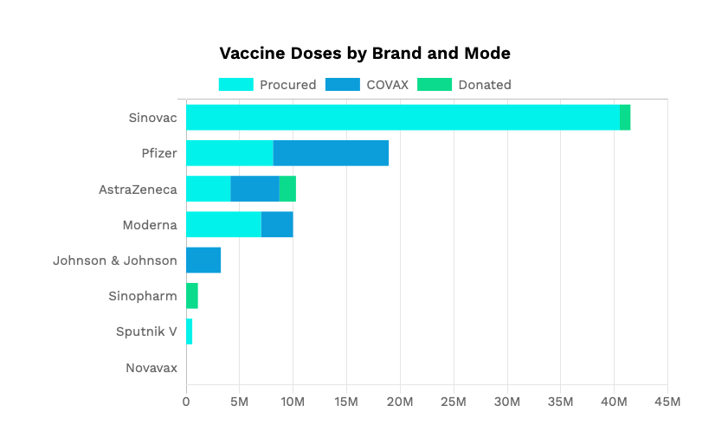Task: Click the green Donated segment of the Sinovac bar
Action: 625,118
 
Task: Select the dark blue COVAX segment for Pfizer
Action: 331,153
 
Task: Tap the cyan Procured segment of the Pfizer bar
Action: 229,153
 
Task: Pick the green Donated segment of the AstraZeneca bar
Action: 287,189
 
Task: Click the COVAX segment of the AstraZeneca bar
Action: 254,189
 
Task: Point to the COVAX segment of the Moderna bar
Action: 277,225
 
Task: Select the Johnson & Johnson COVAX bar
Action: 203,261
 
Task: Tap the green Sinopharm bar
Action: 192,296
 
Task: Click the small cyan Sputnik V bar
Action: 189,331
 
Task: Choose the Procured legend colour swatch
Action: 235,85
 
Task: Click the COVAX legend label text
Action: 388,85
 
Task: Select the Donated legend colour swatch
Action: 435,85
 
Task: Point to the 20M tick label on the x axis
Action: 400,402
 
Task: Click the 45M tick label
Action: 667,402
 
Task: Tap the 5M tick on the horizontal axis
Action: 240,402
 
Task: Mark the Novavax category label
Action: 151,368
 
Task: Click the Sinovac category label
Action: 152,118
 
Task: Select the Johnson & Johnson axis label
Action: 115,261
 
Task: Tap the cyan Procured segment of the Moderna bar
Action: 224,225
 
